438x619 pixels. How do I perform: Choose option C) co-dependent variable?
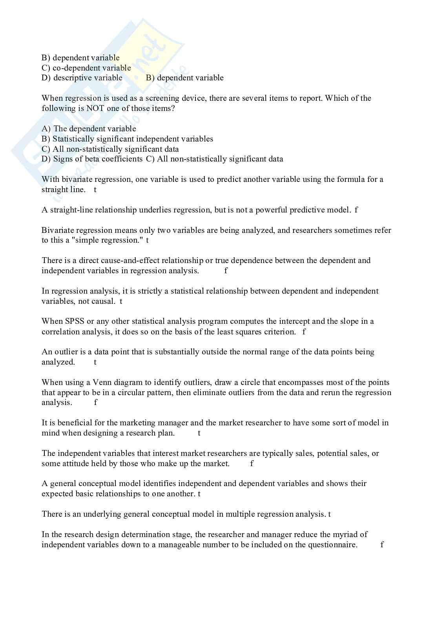coord(86,68)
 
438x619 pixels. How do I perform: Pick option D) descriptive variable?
coord(82,78)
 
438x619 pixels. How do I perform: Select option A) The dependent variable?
coord(89,129)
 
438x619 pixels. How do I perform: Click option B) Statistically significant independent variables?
coord(128,139)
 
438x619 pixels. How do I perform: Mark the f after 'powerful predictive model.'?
coord(356,210)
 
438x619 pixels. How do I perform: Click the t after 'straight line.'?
coord(95,190)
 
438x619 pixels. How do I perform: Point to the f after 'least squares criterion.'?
coord(304,332)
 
